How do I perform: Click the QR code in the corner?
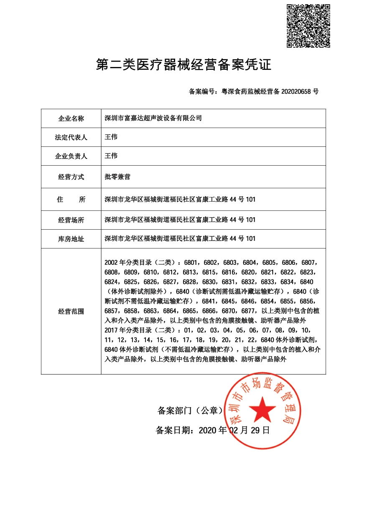(x=308, y=26)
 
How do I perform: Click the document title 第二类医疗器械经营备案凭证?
(x=183, y=65)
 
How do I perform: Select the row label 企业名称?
(x=71, y=118)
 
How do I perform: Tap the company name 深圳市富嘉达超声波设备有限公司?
(x=153, y=118)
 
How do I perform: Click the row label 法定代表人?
(x=71, y=137)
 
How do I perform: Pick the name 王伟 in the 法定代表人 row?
(x=111, y=137)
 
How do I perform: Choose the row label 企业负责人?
(x=71, y=156)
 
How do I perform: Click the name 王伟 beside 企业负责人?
(x=111, y=156)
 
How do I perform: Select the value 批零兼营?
(x=117, y=177)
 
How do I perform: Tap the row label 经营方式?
(x=71, y=177)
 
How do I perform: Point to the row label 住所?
(x=71, y=200)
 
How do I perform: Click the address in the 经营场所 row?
(x=180, y=220)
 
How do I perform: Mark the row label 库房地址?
(x=71, y=239)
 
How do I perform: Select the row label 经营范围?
(x=71, y=312)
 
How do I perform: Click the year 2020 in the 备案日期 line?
(x=207, y=430)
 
